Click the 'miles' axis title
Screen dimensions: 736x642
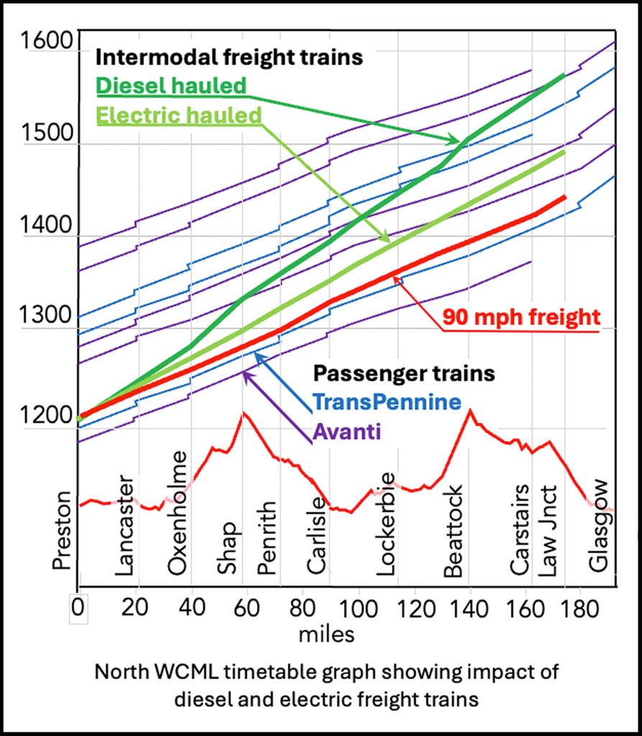point(328,634)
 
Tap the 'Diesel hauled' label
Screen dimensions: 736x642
point(170,86)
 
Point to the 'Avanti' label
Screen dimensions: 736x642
point(347,431)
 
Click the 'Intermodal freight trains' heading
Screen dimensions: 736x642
point(229,57)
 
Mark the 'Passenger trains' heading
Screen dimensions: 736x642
point(403,373)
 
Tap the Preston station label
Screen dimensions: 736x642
point(63,530)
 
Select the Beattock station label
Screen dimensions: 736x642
point(454,532)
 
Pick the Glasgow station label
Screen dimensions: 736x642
point(599,526)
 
